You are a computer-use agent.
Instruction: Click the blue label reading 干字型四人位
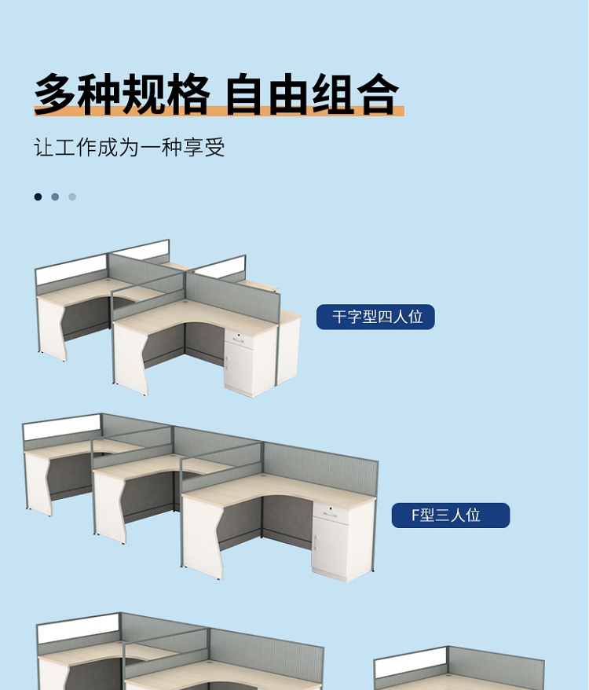pyautogui.click(x=375, y=317)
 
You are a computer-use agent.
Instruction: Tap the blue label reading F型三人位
pyautogui.click(x=451, y=516)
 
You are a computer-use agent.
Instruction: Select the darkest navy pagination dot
pyautogui.click(x=38, y=196)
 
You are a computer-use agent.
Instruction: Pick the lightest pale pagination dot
pyautogui.click(x=72, y=196)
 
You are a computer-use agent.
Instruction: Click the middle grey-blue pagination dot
pyautogui.click(x=55, y=196)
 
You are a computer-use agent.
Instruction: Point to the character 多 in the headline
pyautogui.click(x=54, y=94)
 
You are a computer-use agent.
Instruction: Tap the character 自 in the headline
pyautogui.click(x=246, y=94)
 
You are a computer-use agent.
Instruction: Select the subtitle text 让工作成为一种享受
pyautogui.click(x=130, y=147)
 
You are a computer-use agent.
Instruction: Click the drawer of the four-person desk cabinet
pyautogui.click(x=239, y=339)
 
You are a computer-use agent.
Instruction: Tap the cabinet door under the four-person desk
pyautogui.click(x=238, y=369)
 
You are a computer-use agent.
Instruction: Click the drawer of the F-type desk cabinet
pyautogui.click(x=331, y=513)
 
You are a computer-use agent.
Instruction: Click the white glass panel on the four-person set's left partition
pyautogui.click(x=71, y=270)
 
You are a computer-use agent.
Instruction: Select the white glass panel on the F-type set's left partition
pyautogui.click(x=62, y=427)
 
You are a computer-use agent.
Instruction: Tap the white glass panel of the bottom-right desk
pyautogui.click(x=411, y=662)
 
